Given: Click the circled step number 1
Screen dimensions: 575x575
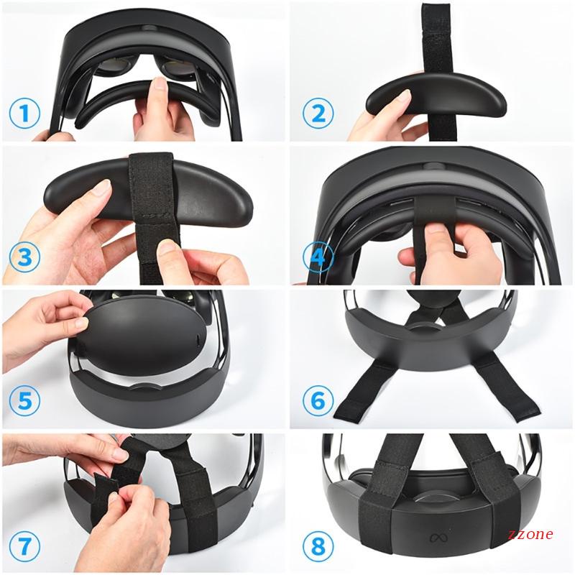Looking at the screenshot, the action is (x=24, y=113).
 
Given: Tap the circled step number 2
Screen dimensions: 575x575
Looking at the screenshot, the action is (x=318, y=113).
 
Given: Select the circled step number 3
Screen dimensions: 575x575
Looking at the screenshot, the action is (x=24, y=257).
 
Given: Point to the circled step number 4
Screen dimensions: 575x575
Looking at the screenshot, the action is (x=318, y=257).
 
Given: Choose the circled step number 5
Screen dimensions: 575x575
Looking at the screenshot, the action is (x=24, y=400).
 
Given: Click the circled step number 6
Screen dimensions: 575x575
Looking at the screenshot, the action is (x=318, y=400).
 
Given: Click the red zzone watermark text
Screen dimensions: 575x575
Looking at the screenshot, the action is (x=530, y=534).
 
